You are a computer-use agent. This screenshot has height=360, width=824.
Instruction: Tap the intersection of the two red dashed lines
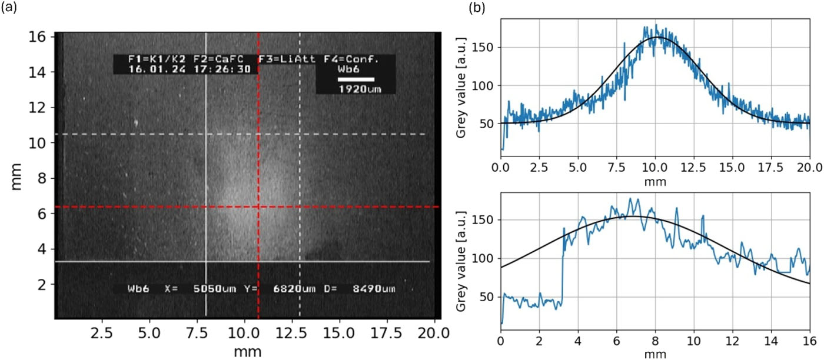click(x=258, y=206)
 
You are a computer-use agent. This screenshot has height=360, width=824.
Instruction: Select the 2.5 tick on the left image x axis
click(x=102, y=333)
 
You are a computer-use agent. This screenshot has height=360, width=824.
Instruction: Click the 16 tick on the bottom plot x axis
click(x=809, y=342)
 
